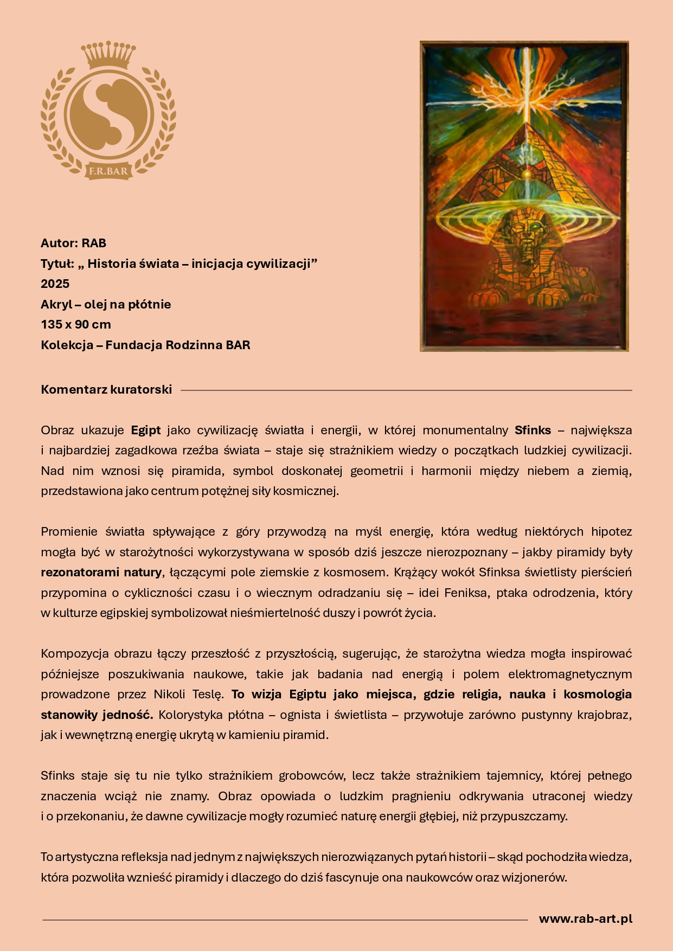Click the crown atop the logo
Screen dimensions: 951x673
point(108,54)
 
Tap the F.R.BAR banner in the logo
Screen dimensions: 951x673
point(108,171)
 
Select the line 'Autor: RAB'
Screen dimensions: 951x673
point(73,243)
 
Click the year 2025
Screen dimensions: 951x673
point(55,284)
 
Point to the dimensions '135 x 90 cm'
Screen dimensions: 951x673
point(75,324)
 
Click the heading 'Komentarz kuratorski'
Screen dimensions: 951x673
point(106,389)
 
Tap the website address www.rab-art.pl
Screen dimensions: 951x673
point(585,918)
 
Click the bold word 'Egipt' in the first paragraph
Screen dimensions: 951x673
point(146,430)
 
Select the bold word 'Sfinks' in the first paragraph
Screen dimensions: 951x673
point(533,430)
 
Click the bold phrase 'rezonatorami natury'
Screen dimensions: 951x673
point(101,572)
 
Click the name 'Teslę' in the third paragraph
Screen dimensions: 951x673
point(208,694)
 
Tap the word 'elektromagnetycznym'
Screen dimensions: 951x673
point(570,674)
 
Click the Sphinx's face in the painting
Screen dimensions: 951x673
point(524,234)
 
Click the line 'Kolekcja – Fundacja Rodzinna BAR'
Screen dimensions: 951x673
point(145,345)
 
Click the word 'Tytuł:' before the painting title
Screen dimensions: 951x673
point(57,264)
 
